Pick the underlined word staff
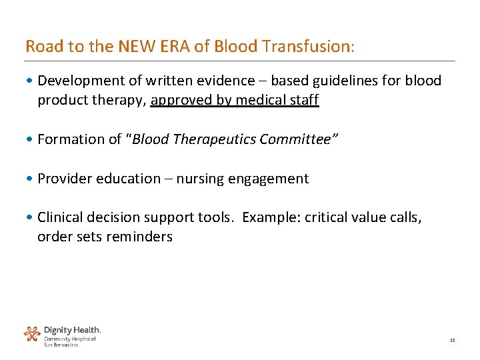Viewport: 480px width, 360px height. pyautogui.click(x=304, y=101)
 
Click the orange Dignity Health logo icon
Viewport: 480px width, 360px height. pyautogui.click(x=32, y=333)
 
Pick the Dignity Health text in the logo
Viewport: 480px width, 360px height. pyautogui.click(x=72, y=330)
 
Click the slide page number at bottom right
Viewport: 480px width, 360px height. pyautogui.click(x=452, y=340)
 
